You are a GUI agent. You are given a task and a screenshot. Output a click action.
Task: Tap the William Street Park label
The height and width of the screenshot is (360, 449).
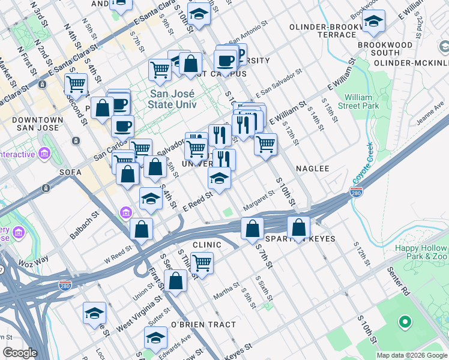[x=362, y=101]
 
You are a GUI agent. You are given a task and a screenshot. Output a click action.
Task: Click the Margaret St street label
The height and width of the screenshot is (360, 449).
[x=258, y=202]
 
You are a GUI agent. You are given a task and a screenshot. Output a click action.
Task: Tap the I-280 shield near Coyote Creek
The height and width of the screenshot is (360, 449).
[x=356, y=193]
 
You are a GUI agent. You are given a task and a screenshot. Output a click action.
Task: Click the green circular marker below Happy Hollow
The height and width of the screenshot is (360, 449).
[x=405, y=322]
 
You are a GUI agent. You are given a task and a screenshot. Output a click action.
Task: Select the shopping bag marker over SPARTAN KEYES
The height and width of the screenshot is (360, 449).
[x=298, y=227]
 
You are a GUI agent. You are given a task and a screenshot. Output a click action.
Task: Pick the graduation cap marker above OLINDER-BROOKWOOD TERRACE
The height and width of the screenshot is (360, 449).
[x=374, y=22]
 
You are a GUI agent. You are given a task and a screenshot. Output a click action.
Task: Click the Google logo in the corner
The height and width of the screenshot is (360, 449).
[x=20, y=353]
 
